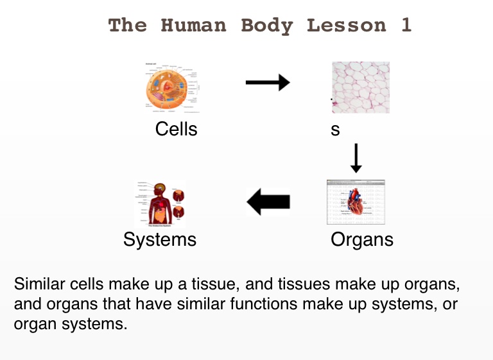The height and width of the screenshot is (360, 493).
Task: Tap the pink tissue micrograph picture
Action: pos(360,87)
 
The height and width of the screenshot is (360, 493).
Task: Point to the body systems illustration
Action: pos(160,203)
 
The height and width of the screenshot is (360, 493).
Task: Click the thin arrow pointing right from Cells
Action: pos(268,82)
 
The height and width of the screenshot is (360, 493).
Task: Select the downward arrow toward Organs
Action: pos(356,158)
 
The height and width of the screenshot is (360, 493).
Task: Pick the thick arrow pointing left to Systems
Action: pos(269,202)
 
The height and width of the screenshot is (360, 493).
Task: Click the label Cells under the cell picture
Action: pos(176,129)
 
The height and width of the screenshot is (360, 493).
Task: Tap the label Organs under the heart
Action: pos(361,239)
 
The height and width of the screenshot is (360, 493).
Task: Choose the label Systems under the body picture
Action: pos(159,239)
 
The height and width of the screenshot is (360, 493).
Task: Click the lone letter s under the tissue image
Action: pos(335,130)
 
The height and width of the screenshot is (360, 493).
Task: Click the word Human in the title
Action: pos(193,26)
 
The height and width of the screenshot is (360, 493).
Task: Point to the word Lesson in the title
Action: pos(347,26)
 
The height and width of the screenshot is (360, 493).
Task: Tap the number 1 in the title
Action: pos(406,26)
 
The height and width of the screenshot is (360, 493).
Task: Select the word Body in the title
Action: pos(266,26)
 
